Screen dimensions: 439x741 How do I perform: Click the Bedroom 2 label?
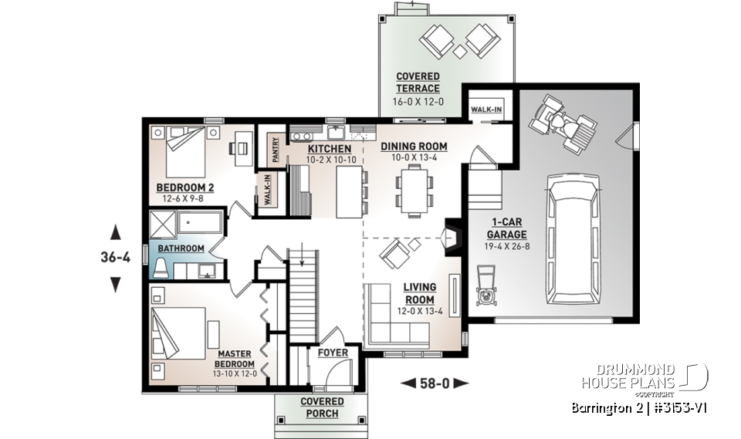pyautogui.click(x=184, y=187)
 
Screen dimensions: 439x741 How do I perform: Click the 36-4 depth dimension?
pyautogui.click(x=116, y=258)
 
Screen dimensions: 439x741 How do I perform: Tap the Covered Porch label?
pyautogui.click(x=322, y=407)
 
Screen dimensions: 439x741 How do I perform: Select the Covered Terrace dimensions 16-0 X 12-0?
pyautogui.click(x=418, y=100)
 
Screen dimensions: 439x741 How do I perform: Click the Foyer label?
pyautogui.click(x=333, y=353)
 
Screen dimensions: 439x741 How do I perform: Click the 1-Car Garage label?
pyautogui.click(x=506, y=229)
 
